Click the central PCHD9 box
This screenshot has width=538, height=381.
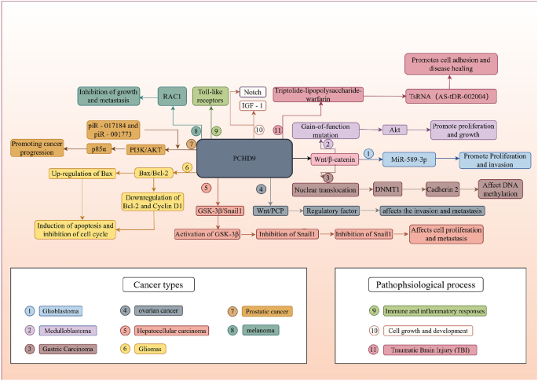click(x=243, y=159)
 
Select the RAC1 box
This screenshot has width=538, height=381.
click(x=171, y=96)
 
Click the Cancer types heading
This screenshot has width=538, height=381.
click(x=161, y=284)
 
